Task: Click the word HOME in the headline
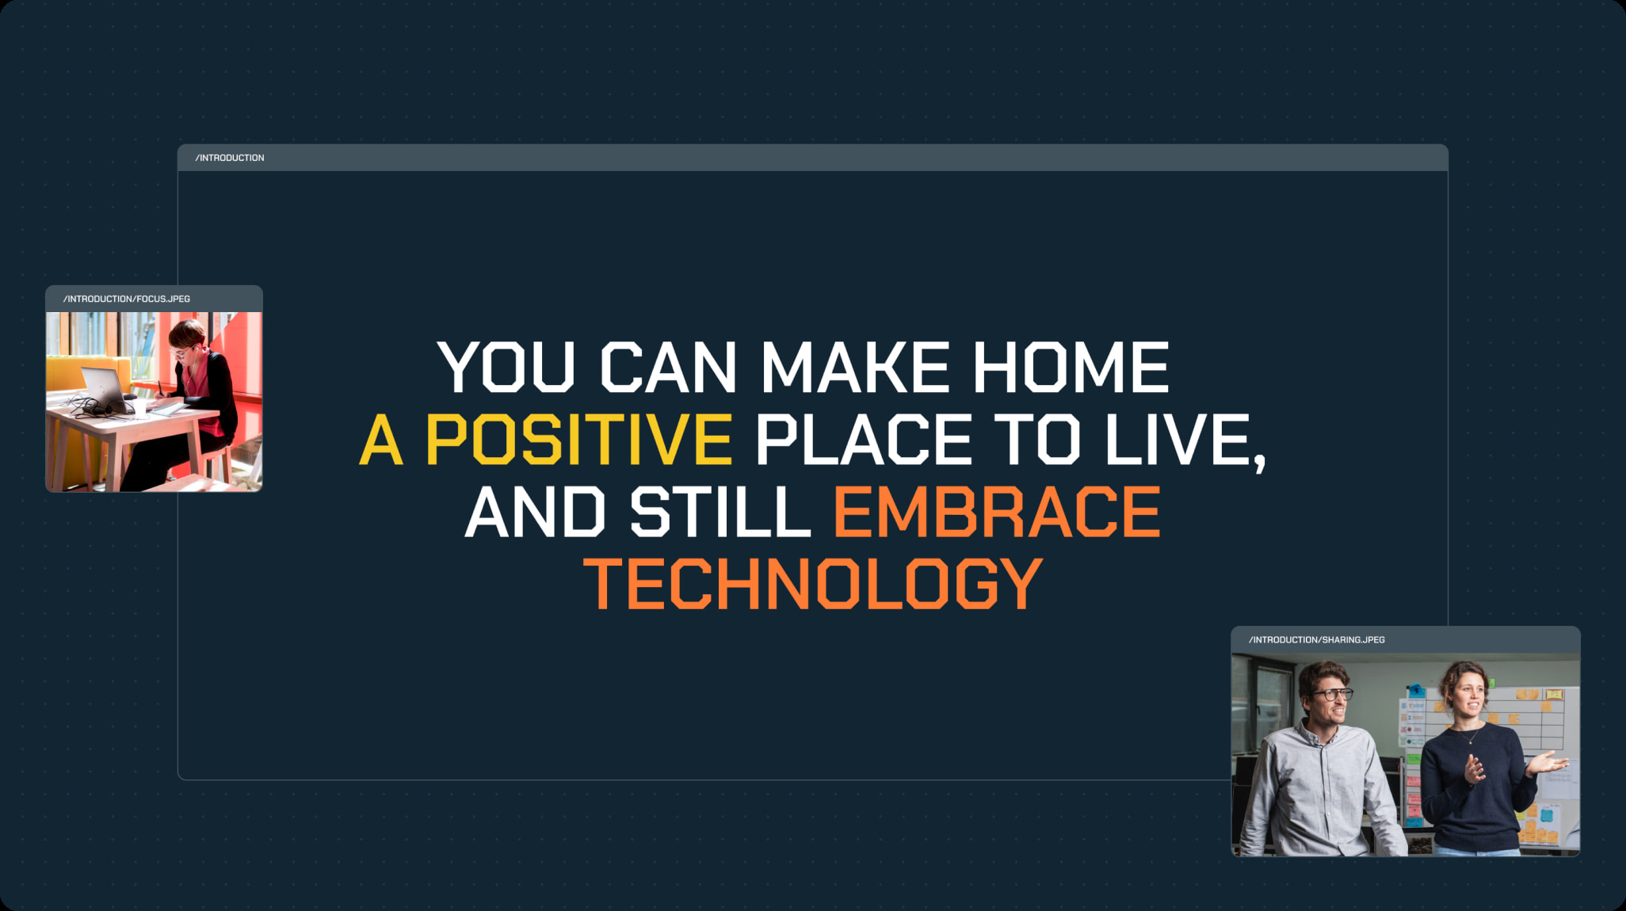click(1071, 367)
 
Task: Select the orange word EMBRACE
click(997, 512)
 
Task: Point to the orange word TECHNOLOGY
click(813, 583)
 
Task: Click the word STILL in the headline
click(720, 512)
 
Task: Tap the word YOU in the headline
click(506, 367)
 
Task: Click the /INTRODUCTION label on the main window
click(230, 158)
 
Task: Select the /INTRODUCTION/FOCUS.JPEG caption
click(127, 299)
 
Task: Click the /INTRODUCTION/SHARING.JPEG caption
click(1317, 639)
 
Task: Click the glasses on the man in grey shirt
click(1334, 695)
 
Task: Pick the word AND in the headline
click(536, 512)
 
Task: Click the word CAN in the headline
click(668, 367)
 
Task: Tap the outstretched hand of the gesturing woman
click(1547, 764)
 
